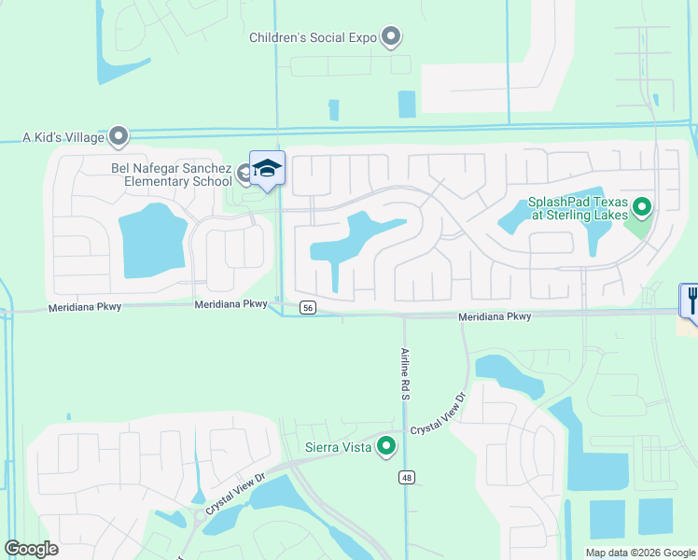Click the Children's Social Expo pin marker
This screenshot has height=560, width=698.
click(392, 37)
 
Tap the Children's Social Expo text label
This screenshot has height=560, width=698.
click(312, 38)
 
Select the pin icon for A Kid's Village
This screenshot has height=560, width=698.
click(118, 137)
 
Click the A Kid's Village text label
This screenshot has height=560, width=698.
click(63, 137)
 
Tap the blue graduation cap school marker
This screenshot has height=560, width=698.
click(267, 168)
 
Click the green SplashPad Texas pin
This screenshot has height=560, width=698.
click(642, 206)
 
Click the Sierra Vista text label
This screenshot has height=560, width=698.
click(340, 447)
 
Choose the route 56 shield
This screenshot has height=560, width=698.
click(307, 307)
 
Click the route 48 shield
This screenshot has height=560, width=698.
click(407, 477)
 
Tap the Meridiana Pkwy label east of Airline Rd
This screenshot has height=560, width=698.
click(495, 317)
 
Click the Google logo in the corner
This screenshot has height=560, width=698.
click(31, 549)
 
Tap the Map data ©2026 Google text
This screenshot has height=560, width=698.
click(639, 553)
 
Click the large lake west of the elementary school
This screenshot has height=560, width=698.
click(152, 241)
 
